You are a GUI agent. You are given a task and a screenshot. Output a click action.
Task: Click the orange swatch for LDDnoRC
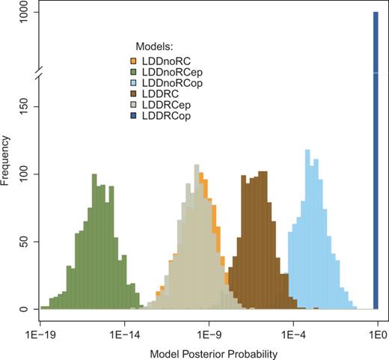(133, 60)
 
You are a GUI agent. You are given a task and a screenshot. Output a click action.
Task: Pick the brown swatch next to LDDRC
(133, 94)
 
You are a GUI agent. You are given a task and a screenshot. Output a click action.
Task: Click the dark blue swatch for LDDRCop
(133, 117)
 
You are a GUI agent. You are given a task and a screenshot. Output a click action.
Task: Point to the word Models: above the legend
(154, 46)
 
